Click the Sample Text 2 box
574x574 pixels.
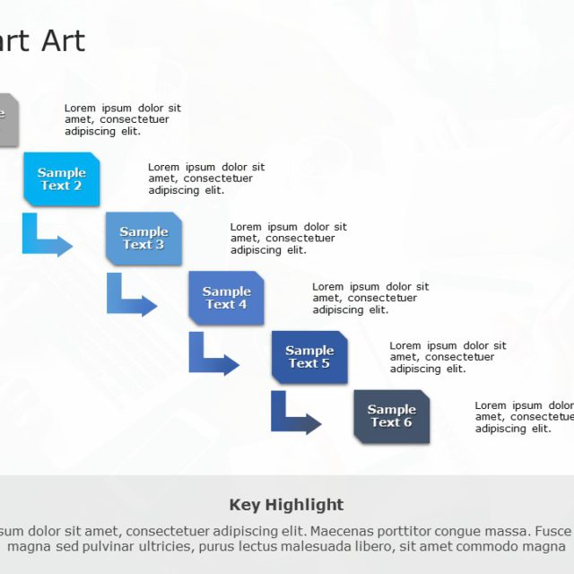click(x=61, y=179)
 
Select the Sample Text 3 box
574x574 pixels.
click(x=143, y=239)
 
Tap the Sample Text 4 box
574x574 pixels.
click(x=226, y=298)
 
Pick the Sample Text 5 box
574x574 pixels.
click(x=309, y=357)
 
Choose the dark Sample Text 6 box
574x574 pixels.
click(x=391, y=416)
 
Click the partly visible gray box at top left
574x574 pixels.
click(x=7, y=119)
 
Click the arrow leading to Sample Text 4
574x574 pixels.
click(x=127, y=299)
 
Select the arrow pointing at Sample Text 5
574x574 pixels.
click(x=210, y=358)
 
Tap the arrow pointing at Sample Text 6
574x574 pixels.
click(x=292, y=417)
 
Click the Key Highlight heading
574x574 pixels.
click(x=286, y=505)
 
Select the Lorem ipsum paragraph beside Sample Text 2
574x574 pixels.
click(x=206, y=178)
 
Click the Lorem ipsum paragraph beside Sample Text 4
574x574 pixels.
click(x=370, y=299)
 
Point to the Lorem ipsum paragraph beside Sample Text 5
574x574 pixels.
click(x=448, y=357)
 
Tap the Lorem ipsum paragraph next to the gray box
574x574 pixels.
click(x=122, y=119)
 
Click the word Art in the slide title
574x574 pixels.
click(x=65, y=40)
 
